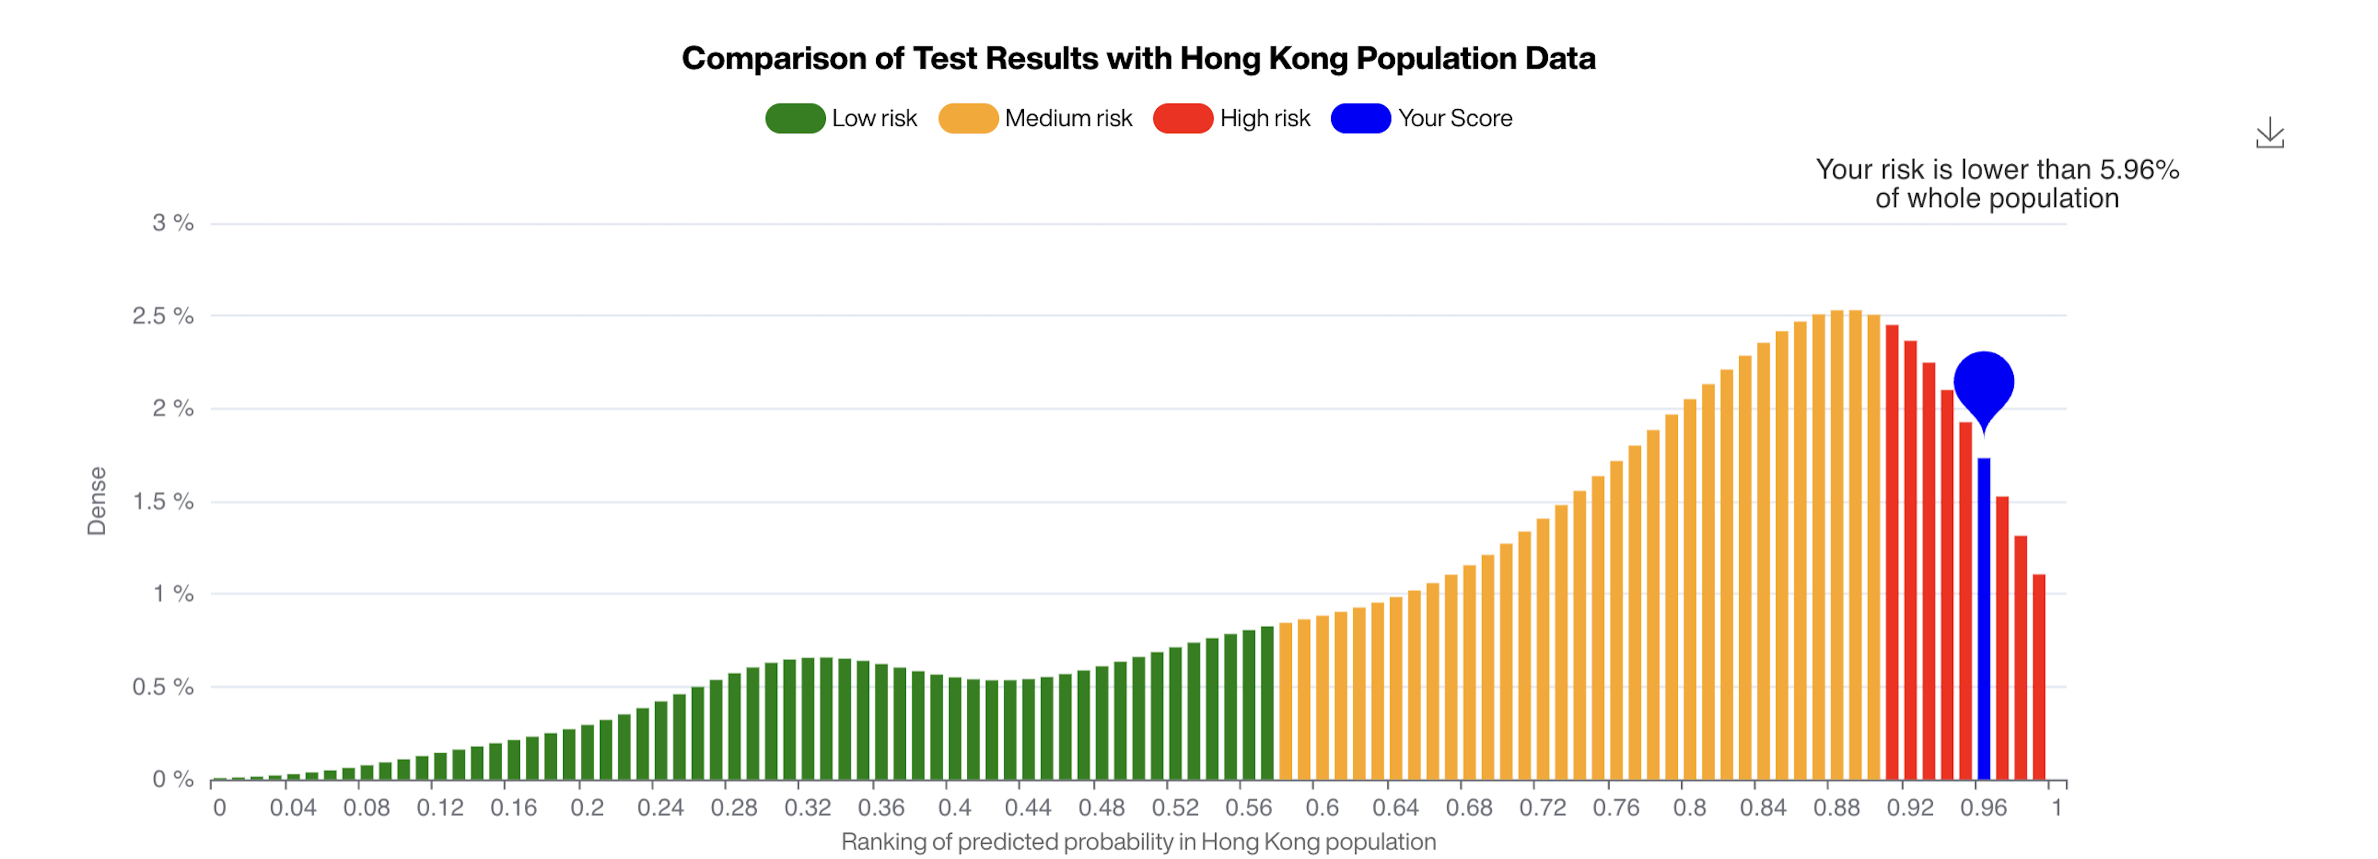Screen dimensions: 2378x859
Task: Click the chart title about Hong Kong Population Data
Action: [1138, 58]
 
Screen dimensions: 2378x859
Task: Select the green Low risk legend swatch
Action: [795, 118]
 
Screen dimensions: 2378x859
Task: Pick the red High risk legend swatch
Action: [1183, 118]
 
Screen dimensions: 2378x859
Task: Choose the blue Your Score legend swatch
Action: [1361, 118]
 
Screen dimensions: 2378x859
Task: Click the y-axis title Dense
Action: [96, 501]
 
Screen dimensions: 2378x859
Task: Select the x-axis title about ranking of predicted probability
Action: [1138, 841]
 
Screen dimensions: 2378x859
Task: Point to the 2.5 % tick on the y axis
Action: [163, 316]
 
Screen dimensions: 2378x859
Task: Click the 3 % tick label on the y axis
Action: [172, 222]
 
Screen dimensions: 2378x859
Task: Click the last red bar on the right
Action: [2039, 677]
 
